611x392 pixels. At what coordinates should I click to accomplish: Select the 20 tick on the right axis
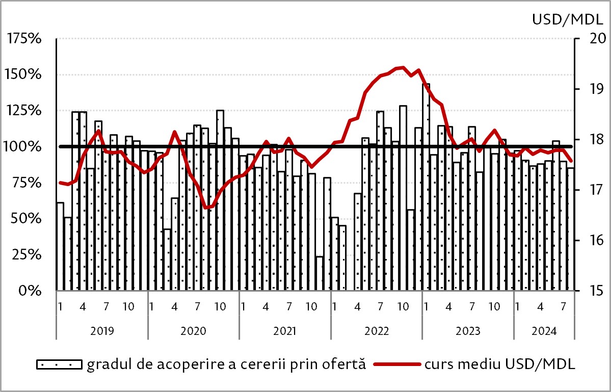[x=592, y=39]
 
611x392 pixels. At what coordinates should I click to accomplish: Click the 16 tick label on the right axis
[x=592, y=240]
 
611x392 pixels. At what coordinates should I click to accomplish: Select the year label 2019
[x=102, y=330]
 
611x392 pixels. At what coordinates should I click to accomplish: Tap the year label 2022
[x=377, y=330]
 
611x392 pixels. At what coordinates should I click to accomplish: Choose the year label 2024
[x=544, y=330]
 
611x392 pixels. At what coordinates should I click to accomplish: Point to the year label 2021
[x=285, y=330]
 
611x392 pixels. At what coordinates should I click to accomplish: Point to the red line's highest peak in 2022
[x=403, y=67]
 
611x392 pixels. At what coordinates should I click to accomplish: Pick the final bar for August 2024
[x=571, y=229]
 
